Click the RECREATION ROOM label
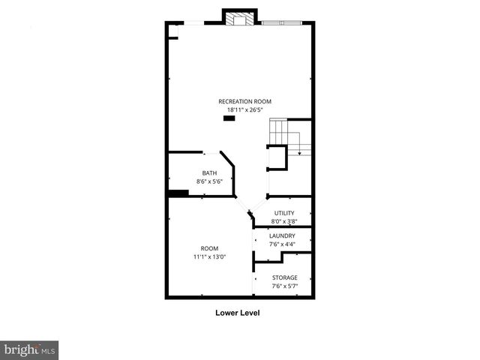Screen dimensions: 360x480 tap(244, 101)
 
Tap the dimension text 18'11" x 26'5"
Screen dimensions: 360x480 tap(244, 109)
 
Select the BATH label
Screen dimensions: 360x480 tap(208, 174)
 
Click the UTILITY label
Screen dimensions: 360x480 tap(284, 214)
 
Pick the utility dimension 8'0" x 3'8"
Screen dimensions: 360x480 tap(284, 222)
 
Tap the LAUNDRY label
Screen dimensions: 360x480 tap(282, 236)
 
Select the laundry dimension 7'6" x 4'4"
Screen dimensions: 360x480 tap(282, 244)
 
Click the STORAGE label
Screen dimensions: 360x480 tap(284, 277)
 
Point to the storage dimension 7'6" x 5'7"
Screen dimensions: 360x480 tap(284, 286)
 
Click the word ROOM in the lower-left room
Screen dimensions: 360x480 tap(208, 248)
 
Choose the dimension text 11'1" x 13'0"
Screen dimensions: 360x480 tap(208, 256)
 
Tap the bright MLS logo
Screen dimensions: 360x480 tap(29, 349)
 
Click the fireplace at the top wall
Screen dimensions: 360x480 tap(240, 19)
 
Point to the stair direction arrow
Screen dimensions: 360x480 tap(299, 152)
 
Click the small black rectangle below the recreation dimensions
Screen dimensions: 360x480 tap(229, 118)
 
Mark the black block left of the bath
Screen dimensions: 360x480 tap(178, 193)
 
